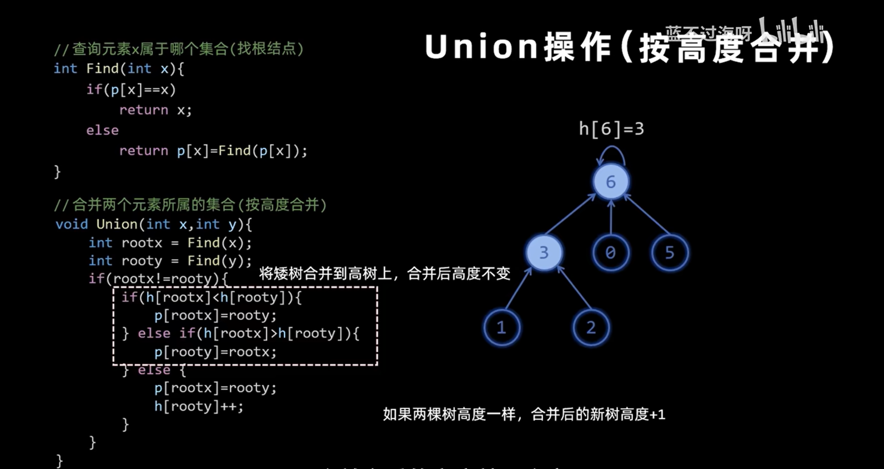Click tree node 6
pyautogui.click(x=611, y=182)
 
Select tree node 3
pyautogui.click(x=544, y=253)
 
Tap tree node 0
pyautogui.click(x=610, y=253)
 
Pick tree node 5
pyautogui.click(x=669, y=253)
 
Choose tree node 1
pyautogui.click(x=501, y=327)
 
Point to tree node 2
pyautogui.click(x=591, y=327)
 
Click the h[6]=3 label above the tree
pyautogui.click(x=611, y=129)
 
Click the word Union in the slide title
pyautogui.click(x=481, y=47)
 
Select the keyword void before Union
pyautogui.click(x=72, y=224)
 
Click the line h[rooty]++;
pyautogui.click(x=199, y=406)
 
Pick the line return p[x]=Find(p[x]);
pyautogui.click(x=213, y=151)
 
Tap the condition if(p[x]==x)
pyautogui.click(x=131, y=90)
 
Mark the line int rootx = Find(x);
pyautogui.click(x=170, y=243)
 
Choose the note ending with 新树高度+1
pyautogui.click(x=524, y=414)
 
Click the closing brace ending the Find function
pyautogui.click(x=57, y=172)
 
